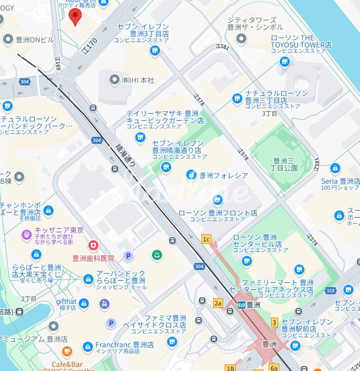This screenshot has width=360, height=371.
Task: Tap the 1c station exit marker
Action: point(205,239)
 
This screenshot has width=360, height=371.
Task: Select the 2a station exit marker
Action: point(218,303)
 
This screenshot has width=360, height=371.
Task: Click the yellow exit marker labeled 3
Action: point(274,322)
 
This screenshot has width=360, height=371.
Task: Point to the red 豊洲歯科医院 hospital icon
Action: point(93,245)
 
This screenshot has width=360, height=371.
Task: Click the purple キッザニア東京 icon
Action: point(26,234)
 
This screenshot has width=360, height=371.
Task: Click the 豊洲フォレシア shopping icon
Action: point(191,175)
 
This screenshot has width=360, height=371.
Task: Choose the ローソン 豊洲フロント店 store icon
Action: point(218,200)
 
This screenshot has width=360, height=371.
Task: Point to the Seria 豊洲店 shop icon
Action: point(335,169)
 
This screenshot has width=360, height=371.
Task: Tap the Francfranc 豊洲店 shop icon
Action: point(88,347)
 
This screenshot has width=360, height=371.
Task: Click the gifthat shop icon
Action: point(84,303)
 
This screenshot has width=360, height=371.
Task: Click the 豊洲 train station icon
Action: point(242,305)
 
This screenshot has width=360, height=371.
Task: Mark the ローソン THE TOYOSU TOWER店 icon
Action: point(285,62)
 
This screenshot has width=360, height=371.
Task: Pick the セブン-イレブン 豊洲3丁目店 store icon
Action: point(155,50)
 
